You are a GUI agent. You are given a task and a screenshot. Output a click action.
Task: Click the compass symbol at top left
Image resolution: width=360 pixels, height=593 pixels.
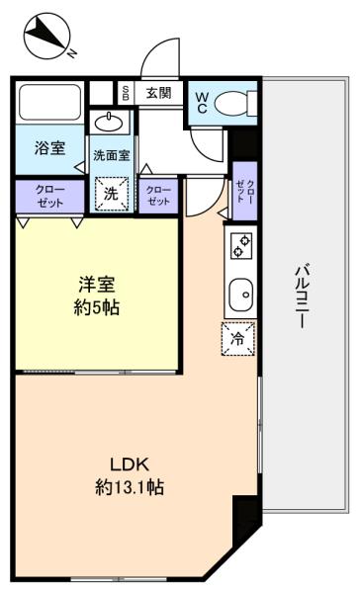(47, 37)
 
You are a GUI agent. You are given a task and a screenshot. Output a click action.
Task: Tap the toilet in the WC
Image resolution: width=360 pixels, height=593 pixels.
(235, 103)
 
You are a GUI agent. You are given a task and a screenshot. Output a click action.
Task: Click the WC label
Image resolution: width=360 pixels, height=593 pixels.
(202, 103)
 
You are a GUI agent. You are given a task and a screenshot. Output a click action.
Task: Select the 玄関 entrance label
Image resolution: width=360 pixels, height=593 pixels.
(159, 93)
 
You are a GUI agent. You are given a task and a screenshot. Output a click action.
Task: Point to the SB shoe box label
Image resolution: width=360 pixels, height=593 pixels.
(126, 93)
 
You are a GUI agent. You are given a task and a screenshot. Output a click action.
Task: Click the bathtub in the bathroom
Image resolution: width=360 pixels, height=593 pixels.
(50, 102)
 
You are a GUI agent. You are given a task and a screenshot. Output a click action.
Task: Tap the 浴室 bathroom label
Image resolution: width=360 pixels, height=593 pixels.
(50, 148)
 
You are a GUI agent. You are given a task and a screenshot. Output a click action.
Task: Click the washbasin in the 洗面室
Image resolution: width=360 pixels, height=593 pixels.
(109, 122)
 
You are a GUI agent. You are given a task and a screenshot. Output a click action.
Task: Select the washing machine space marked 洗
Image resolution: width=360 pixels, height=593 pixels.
(112, 194)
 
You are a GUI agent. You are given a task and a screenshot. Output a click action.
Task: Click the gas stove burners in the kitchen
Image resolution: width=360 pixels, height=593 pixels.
(240, 246)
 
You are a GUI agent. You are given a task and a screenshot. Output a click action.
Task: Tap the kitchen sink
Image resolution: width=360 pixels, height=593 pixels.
(240, 295)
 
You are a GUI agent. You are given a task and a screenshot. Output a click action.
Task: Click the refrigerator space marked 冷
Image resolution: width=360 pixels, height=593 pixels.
(238, 338)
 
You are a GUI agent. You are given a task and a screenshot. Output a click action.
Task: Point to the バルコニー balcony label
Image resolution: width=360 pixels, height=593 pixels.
(303, 296)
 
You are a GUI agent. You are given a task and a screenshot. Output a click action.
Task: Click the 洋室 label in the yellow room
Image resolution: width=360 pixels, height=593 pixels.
(97, 285)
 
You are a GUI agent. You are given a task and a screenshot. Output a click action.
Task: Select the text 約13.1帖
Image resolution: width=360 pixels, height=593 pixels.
(130, 487)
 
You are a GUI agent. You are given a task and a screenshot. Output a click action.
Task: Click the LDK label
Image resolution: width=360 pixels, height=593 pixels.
(130, 465)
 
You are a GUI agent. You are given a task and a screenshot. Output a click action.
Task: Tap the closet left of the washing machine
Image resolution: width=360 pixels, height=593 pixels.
(50, 197)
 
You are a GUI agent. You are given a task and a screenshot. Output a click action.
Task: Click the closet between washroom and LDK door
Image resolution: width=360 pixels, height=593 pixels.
(158, 196)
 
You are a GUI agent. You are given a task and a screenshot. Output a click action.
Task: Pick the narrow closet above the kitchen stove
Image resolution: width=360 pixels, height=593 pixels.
(245, 191)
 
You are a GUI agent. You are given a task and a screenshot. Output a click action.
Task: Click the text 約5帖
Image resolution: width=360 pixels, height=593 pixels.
(97, 307)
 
